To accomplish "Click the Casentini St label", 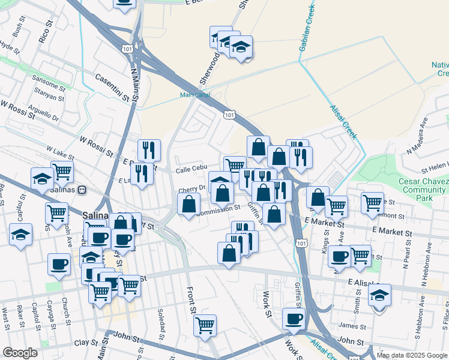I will click(x=112, y=86).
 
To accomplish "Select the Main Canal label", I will click(x=193, y=94).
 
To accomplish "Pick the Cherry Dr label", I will click(x=191, y=189).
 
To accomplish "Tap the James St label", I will click(x=348, y=325).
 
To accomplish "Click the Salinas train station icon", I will click(x=83, y=190).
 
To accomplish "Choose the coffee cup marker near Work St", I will click(x=294, y=319).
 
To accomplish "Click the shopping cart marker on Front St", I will click(x=205, y=325).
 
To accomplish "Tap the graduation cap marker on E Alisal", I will click(x=379, y=295).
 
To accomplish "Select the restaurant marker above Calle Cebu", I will click(x=149, y=150).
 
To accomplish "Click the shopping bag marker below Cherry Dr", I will click(x=188, y=204).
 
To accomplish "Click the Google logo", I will click(x=20, y=353).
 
